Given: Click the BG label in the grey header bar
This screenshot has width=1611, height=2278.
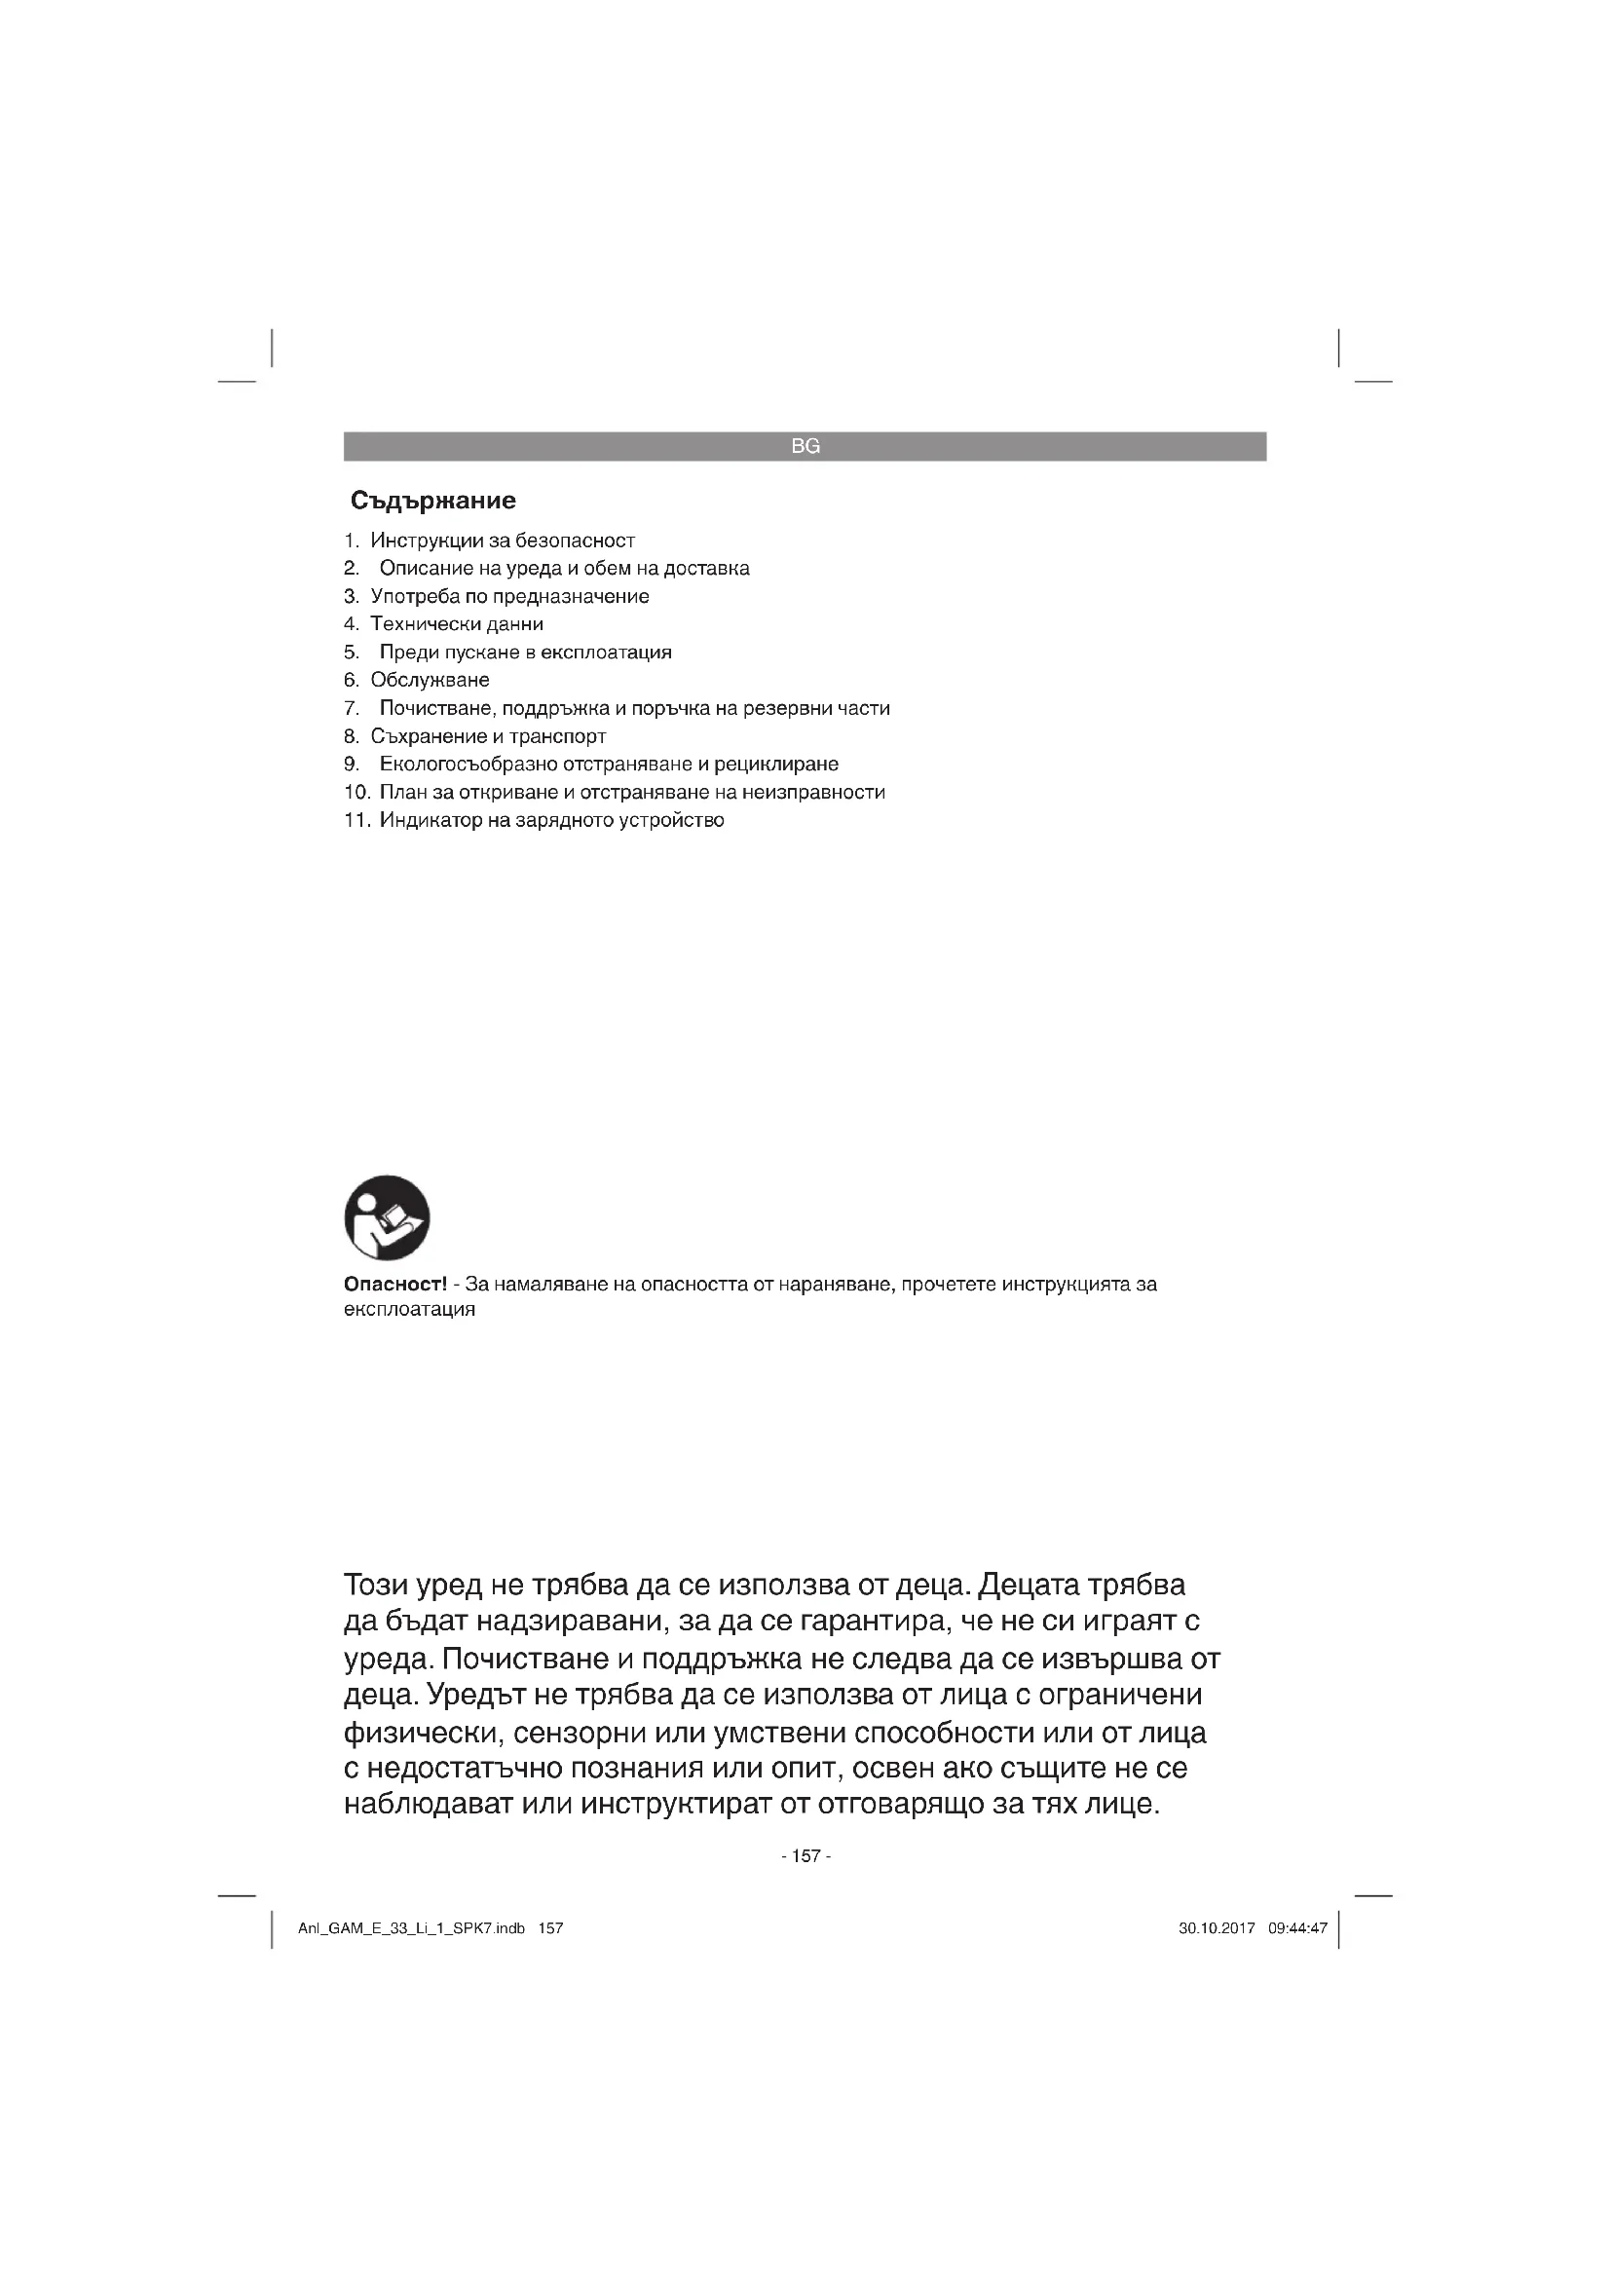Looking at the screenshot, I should [x=805, y=446].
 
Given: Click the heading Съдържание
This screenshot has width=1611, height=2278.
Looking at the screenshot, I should [x=433, y=500].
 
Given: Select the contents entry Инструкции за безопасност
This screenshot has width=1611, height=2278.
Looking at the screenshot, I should [x=502, y=541].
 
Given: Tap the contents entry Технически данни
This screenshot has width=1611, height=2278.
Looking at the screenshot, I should [x=456, y=624].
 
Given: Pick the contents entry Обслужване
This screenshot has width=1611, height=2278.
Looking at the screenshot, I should [x=430, y=680].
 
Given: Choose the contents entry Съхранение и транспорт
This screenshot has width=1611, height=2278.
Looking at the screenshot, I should [x=488, y=736].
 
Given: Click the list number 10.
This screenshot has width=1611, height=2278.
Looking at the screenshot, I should [x=356, y=792].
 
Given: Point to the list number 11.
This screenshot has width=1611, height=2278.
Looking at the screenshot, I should [x=356, y=819].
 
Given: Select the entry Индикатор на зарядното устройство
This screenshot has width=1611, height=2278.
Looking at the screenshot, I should [x=551, y=819].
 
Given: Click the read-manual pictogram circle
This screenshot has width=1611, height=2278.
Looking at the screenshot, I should [x=387, y=1217].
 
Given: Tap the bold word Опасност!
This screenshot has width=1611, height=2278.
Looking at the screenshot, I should [x=394, y=1284].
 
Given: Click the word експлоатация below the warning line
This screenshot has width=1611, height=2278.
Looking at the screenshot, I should [x=409, y=1309].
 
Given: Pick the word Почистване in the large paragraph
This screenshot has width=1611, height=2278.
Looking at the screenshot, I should [x=524, y=1659].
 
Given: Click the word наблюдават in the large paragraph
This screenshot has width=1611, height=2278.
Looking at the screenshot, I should [x=428, y=1803].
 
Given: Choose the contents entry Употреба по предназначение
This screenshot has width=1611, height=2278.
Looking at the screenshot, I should [x=509, y=596].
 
